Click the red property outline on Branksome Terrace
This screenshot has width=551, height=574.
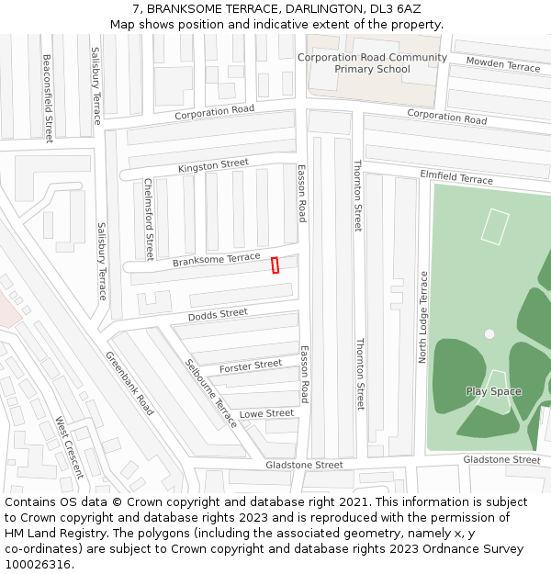pos(275,264)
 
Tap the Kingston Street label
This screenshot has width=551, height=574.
pos(213,166)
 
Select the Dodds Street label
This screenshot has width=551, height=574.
pos(218,315)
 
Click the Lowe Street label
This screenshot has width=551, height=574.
pos(266,414)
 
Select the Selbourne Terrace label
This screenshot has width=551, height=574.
pos(211,393)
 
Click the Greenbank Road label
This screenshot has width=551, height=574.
pos(129,383)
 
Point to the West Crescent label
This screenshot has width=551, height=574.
pos(69,446)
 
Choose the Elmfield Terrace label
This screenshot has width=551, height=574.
pos(456,176)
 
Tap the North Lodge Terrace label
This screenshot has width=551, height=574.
pos(423,317)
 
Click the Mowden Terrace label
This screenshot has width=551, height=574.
pos(502,64)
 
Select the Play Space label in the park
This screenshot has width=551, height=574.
pos(493,391)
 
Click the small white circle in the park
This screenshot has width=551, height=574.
pos(489,334)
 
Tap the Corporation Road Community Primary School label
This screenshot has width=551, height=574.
pos(372,63)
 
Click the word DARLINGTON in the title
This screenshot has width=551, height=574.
pos(308,8)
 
